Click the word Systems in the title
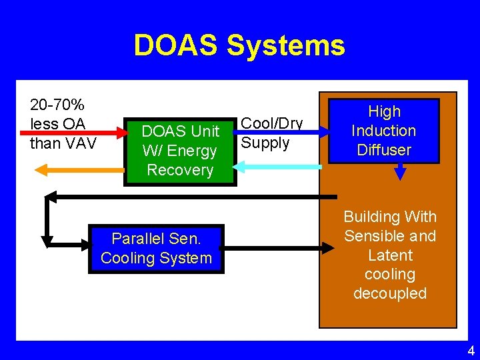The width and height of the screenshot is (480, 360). (286, 45)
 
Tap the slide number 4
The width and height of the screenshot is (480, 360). (471, 351)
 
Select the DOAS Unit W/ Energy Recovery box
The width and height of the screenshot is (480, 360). (180, 151)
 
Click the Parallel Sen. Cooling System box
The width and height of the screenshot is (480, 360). (157, 249)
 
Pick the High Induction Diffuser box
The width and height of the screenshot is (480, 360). (384, 131)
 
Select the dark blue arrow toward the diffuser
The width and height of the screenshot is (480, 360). (280, 133)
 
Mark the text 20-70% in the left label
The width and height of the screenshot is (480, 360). (57, 105)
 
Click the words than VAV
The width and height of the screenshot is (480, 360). (64, 143)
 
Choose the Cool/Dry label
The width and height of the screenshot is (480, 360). (271, 123)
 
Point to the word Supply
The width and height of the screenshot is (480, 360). (265, 143)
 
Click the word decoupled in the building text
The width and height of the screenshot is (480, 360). (390, 293)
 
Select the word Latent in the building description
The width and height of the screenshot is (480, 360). (390, 255)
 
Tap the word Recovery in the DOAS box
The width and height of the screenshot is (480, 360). (180, 170)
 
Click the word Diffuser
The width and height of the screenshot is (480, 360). (384, 150)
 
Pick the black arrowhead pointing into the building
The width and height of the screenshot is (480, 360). (328, 247)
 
